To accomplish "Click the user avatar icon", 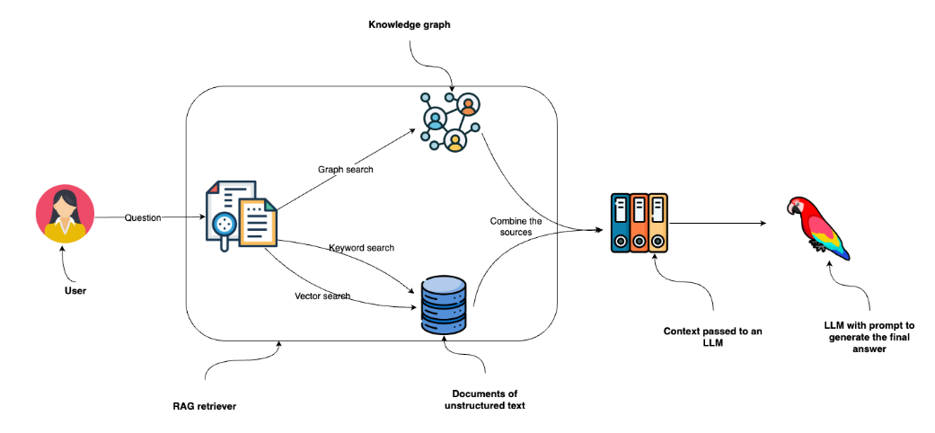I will click(x=64, y=216).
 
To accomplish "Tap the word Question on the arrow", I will click(x=143, y=216).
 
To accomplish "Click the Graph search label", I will click(x=345, y=168).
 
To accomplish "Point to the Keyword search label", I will click(x=361, y=247).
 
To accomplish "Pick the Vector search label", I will click(x=322, y=296).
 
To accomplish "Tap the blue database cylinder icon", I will click(x=445, y=306).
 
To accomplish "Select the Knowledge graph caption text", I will click(x=409, y=24).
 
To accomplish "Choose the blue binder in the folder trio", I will click(x=619, y=225).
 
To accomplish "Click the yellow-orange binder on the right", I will click(x=658, y=225).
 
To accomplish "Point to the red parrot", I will click(x=818, y=230).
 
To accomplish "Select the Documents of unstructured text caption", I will click(x=486, y=400).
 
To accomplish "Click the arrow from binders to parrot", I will click(x=719, y=224).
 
